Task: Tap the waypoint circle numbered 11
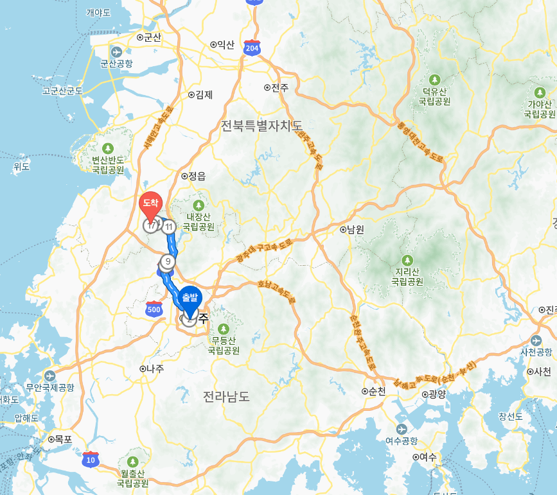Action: (x=169, y=227)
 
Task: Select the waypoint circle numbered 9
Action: (x=168, y=261)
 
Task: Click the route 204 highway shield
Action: (x=252, y=48)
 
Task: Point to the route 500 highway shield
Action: (x=154, y=309)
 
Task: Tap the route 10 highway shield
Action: (x=91, y=459)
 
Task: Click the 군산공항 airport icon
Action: (x=116, y=52)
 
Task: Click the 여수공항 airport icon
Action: (x=402, y=429)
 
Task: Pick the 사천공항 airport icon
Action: (x=536, y=340)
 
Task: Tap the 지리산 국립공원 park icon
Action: (x=408, y=261)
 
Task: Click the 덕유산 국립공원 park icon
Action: (x=434, y=80)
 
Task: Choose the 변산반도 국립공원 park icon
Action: (x=107, y=148)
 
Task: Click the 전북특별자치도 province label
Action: (x=261, y=125)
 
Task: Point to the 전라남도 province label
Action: (x=225, y=395)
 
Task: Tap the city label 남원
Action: (x=355, y=229)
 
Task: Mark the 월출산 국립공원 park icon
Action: (x=133, y=462)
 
